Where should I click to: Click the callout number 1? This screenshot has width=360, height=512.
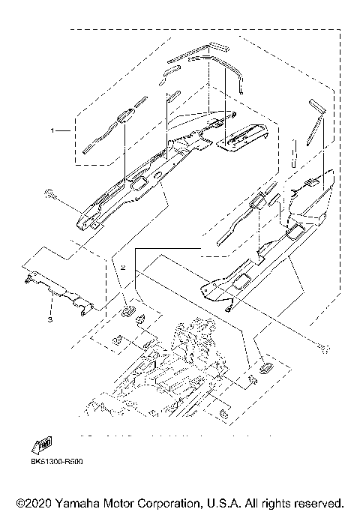pyautogui.click(x=52, y=130)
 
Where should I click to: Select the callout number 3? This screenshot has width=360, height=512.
pyautogui.click(x=50, y=319)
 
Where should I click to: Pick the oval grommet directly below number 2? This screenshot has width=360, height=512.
pyautogui.click(x=127, y=307)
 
